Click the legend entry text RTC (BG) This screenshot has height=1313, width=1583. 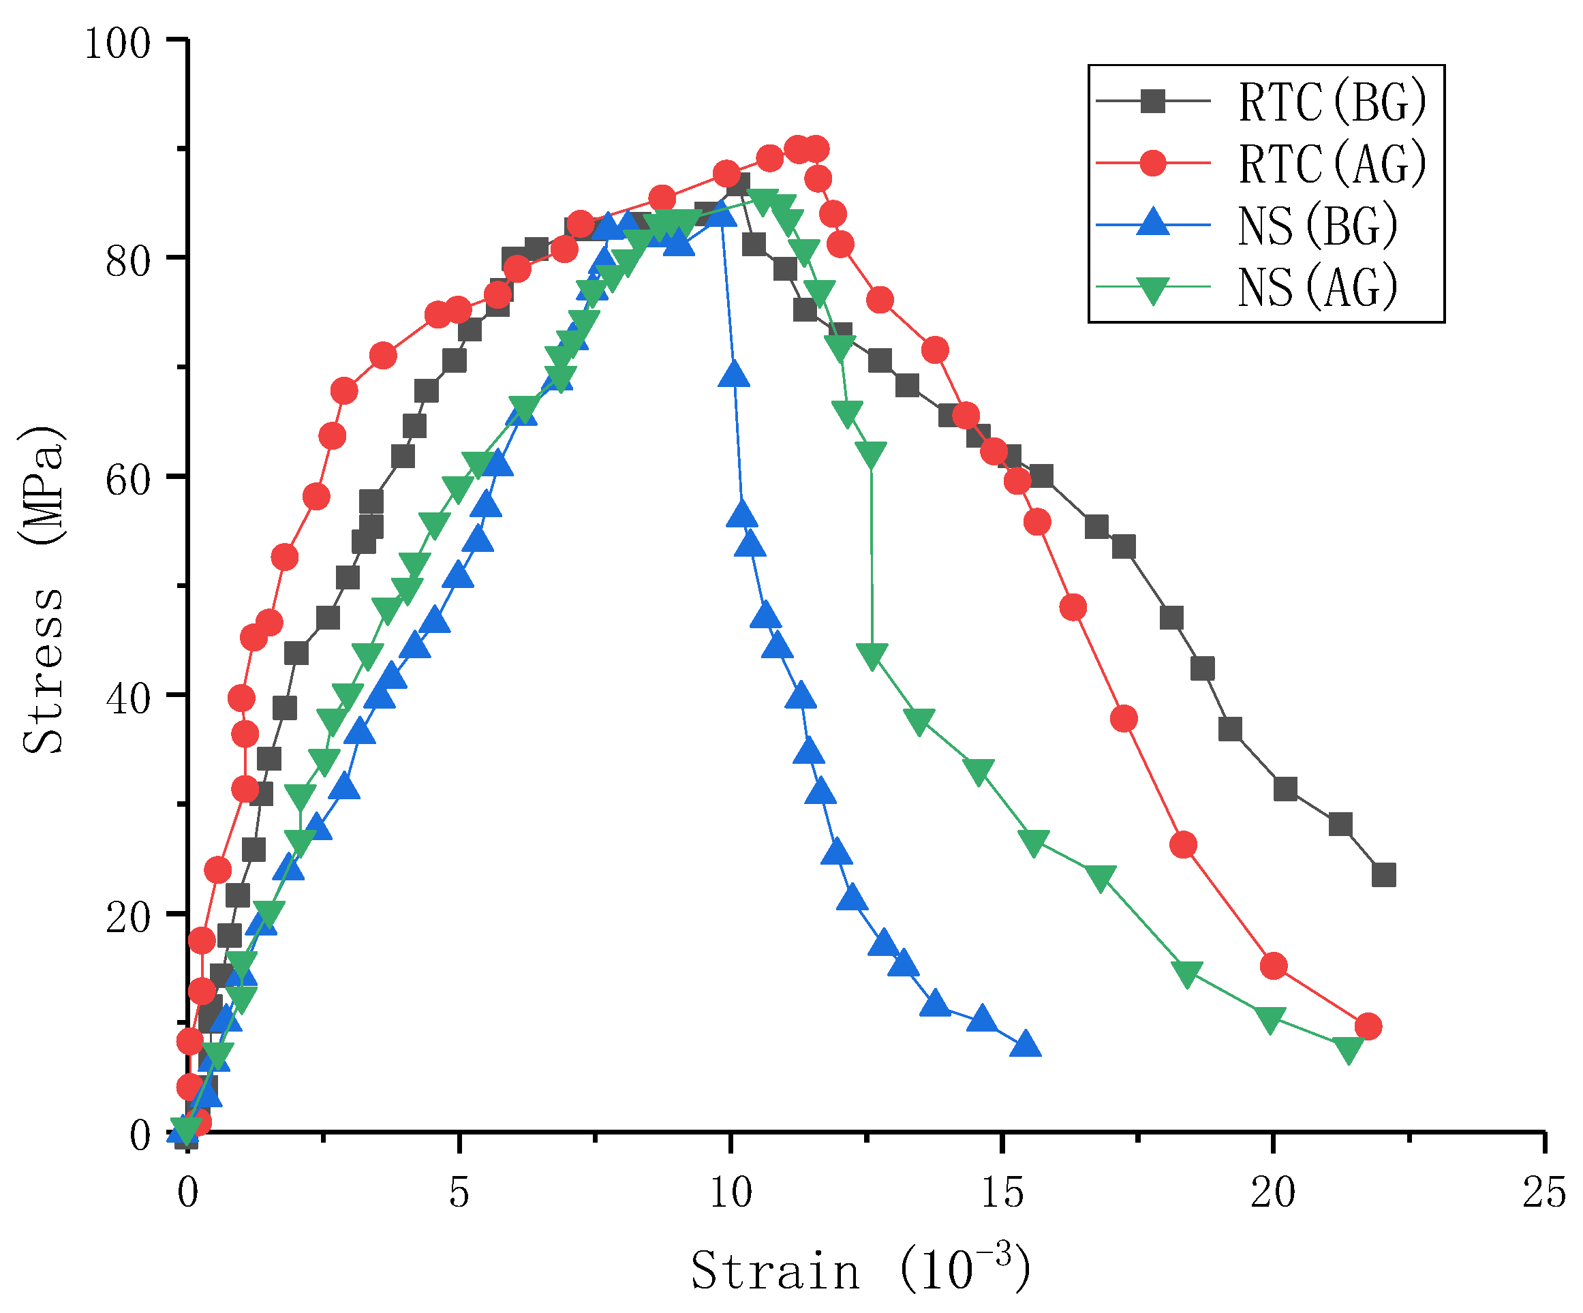tap(1332, 102)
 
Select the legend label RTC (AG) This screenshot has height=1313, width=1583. tap(1332, 164)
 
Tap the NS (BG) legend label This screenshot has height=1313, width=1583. tap(1317, 226)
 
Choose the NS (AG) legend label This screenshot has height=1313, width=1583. tap(1317, 287)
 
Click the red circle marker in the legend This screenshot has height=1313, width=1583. tap(1152, 163)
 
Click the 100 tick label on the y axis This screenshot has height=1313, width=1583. tap(117, 44)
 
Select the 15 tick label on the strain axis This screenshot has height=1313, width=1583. tap(1002, 1193)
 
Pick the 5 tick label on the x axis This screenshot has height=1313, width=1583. tap(459, 1193)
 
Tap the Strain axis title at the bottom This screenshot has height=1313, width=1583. tap(859, 1269)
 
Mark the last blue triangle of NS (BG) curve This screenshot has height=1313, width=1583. tap(1027, 1045)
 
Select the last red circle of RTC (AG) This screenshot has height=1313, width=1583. tap(1368, 1027)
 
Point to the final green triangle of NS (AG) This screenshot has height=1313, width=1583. tap(1348, 1049)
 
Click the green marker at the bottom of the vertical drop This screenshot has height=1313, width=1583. tap(873, 655)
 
